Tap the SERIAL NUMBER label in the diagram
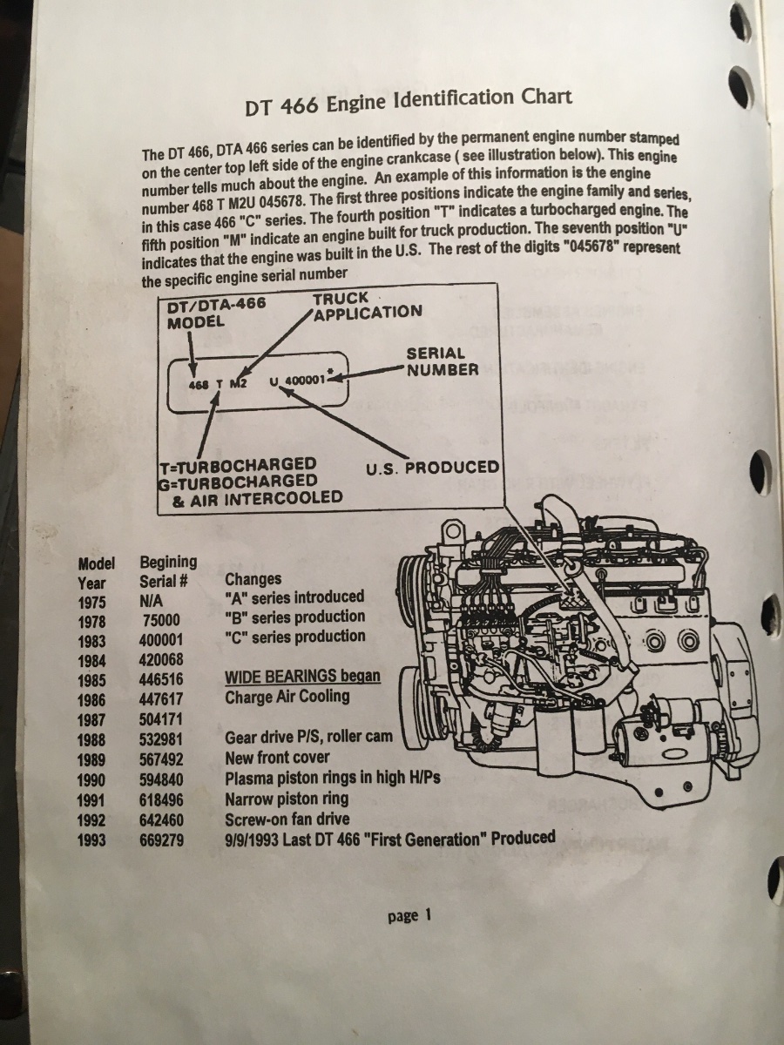pos(443,361)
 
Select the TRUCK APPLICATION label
pos(367,307)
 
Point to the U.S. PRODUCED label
pos(433,468)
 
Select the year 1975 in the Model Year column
pos(91,602)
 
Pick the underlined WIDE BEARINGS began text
pos(302,677)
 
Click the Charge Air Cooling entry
pos(287,697)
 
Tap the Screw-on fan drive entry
pos(287,819)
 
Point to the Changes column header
pos(253,579)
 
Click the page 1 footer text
pos(409,915)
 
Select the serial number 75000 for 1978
pos(161,620)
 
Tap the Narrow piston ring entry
pos(286,799)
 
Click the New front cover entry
pos(277,758)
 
